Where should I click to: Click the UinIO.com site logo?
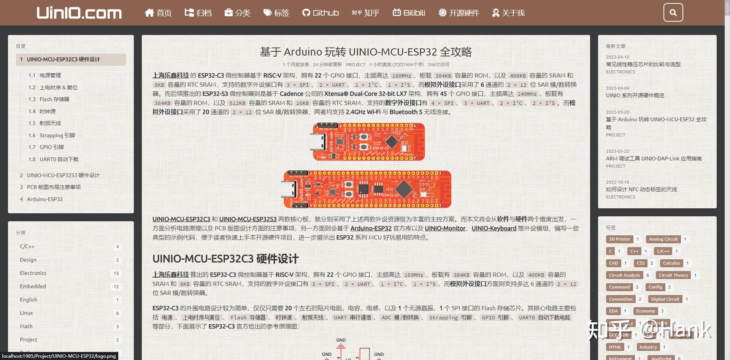pyautogui.click(x=79, y=13)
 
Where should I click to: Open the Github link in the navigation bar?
pyautogui.click(x=321, y=13)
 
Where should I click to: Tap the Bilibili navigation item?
pyautogui.click(x=409, y=13)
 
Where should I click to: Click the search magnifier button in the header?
pyautogui.click(x=673, y=13)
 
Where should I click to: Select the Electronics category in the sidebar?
pyautogui.click(x=33, y=273)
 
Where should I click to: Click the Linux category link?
pyautogui.click(x=26, y=313)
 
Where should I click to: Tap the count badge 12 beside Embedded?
pyautogui.click(x=116, y=287)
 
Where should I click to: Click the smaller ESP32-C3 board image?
pyautogui.click(x=368, y=142)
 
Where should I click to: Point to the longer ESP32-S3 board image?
pyautogui.click(x=367, y=189)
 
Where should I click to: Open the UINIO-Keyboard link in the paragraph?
pyautogui.click(x=494, y=228)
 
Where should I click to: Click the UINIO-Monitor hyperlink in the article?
pyautogui.click(x=445, y=228)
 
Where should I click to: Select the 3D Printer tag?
pyautogui.click(x=619, y=239)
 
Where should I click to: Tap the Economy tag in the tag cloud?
pyautogui.click(x=646, y=311)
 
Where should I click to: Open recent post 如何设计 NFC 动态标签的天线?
pyautogui.click(x=641, y=189)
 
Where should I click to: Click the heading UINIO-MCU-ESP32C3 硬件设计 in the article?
pyautogui.click(x=225, y=259)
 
